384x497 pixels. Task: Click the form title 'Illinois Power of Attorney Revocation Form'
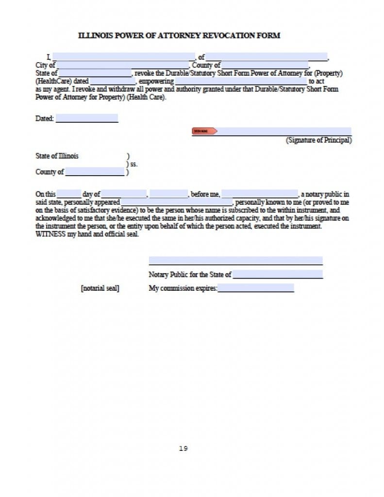click(x=179, y=35)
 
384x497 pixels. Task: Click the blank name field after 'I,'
click(x=123, y=57)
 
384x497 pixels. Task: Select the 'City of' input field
click(x=122, y=65)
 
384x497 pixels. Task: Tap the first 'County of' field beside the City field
click(x=265, y=65)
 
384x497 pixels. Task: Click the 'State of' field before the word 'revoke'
click(x=95, y=73)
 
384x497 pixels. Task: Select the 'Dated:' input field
click(x=86, y=118)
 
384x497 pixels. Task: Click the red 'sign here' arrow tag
click(x=204, y=131)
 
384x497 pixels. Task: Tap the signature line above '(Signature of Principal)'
click(x=284, y=131)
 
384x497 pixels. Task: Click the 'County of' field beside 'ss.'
click(x=95, y=172)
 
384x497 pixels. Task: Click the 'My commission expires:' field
click(x=256, y=288)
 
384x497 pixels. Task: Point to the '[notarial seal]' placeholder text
click(x=100, y=288)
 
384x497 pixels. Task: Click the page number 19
click(x=183, y=448)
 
